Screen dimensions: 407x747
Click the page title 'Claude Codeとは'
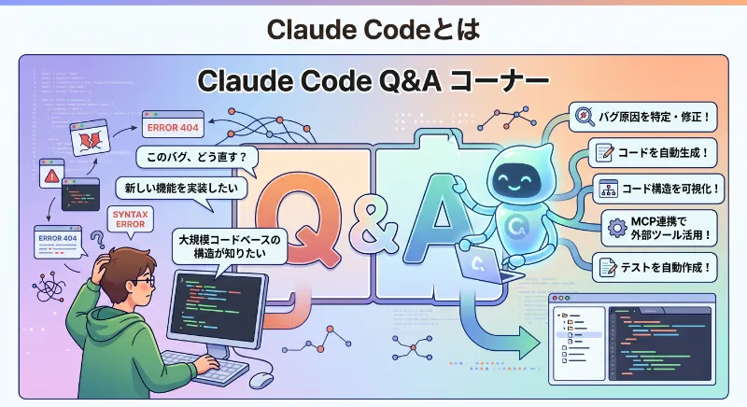(x=373, y=28)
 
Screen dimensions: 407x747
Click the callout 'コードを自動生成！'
(x=658, y=151)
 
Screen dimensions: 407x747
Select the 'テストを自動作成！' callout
(x=658, y=268)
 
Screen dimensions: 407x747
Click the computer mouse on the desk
(x=261, y=379)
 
